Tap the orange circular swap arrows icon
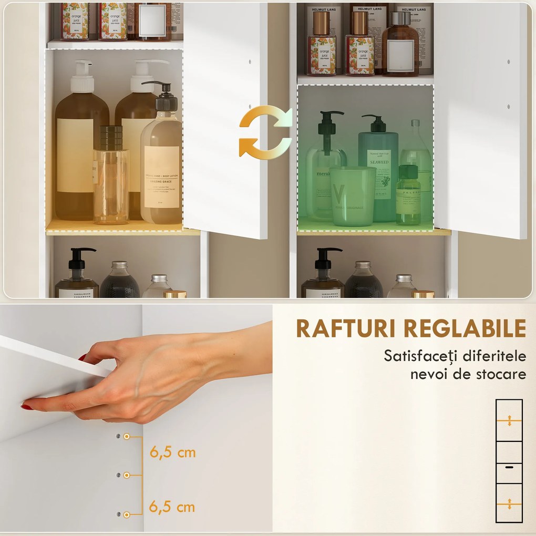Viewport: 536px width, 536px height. click(265, 131)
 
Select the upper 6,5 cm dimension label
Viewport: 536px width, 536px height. click(172, 452)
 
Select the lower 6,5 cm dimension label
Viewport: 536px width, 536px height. click(172, 507)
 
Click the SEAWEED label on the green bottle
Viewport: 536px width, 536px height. click(378, 162)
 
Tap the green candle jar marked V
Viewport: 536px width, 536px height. click(353, 196)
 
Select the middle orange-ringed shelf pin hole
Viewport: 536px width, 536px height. click(127, 475)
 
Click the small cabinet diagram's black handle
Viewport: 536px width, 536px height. click(509, 466)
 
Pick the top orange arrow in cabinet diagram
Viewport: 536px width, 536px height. click(509, 420)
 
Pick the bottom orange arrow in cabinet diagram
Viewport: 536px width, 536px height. click(509, 504)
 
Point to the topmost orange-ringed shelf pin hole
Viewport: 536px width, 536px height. click(127, 437)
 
